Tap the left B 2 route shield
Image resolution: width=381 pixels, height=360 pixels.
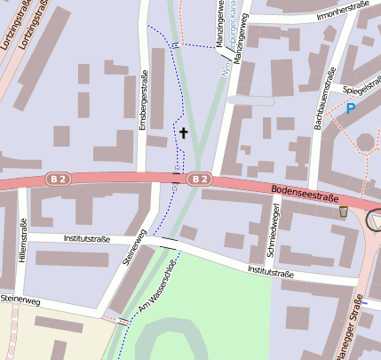pos(59,180)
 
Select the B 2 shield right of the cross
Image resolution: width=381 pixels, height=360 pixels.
pos(201,180)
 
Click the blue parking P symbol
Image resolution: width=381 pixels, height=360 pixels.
pos(351,108)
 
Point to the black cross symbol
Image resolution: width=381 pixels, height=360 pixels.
pos(184,132)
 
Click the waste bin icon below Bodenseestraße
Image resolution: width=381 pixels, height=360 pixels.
pos(344,212)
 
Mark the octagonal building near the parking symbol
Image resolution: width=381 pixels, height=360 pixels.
pos(366,141)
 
